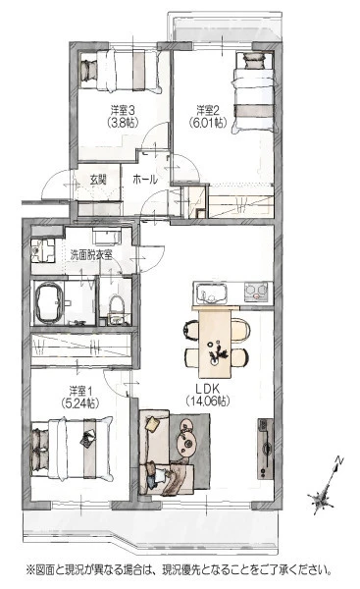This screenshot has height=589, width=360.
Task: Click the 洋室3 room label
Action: tap(123, 110)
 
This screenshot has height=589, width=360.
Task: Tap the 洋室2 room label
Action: tap(208, 110)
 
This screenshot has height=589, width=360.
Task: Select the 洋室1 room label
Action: tap(80, 391)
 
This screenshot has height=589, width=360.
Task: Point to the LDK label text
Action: tap(207, 389)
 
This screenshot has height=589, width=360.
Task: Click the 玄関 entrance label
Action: tap(98, 180)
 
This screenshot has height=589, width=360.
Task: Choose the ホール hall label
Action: tap(145, 180)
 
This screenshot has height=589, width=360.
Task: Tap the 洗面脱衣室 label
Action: tap(91, 255)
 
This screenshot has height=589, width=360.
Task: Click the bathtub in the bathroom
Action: tap(49, 303)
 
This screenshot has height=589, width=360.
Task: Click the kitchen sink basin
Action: tap(211, 293)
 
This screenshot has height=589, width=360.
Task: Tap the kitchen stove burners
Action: tap(256, 292)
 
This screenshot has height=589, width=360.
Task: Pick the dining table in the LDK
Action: tap(215, 344)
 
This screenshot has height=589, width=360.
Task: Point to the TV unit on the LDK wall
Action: tap(265, 449)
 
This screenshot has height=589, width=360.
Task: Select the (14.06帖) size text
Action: tap(208, 402)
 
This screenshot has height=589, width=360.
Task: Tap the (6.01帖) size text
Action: tap(208, 122)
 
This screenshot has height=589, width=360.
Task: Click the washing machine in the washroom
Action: tap(42, 250)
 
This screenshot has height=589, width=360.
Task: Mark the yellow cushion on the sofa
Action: tap(153, 424)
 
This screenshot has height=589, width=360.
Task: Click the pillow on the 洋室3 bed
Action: tap(89, 70)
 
